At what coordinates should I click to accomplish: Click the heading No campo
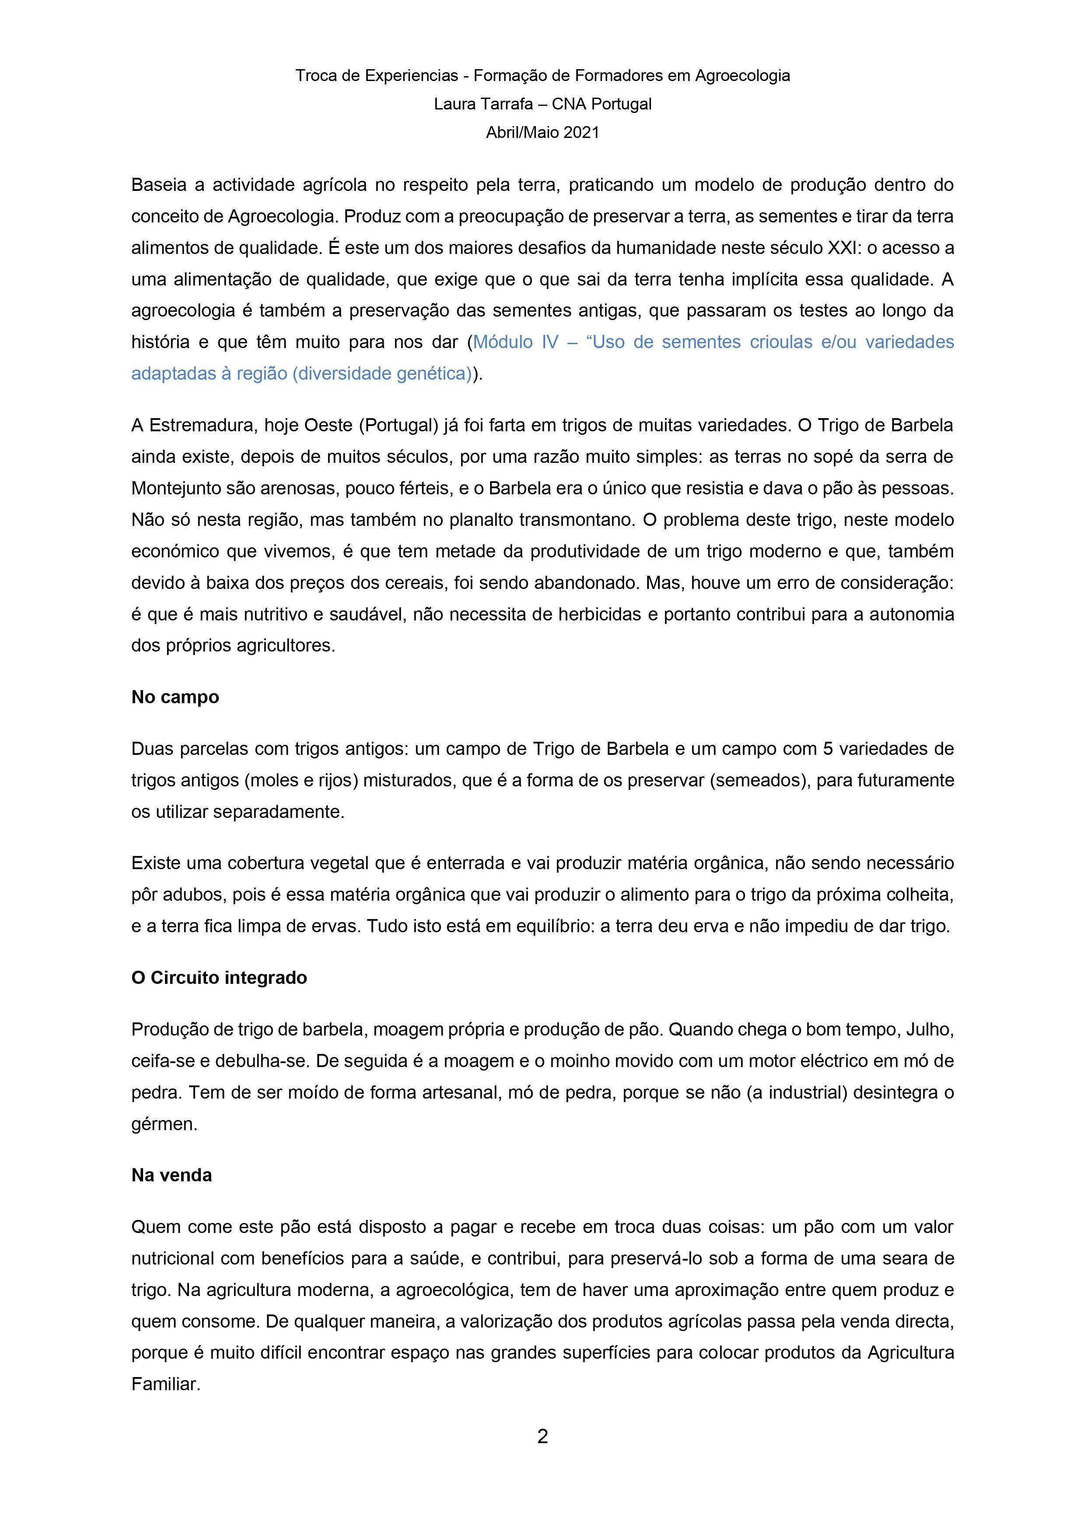point(175,697)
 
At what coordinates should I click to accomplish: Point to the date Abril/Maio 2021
point(542,133)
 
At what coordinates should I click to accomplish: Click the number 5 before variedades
point(827,749)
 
